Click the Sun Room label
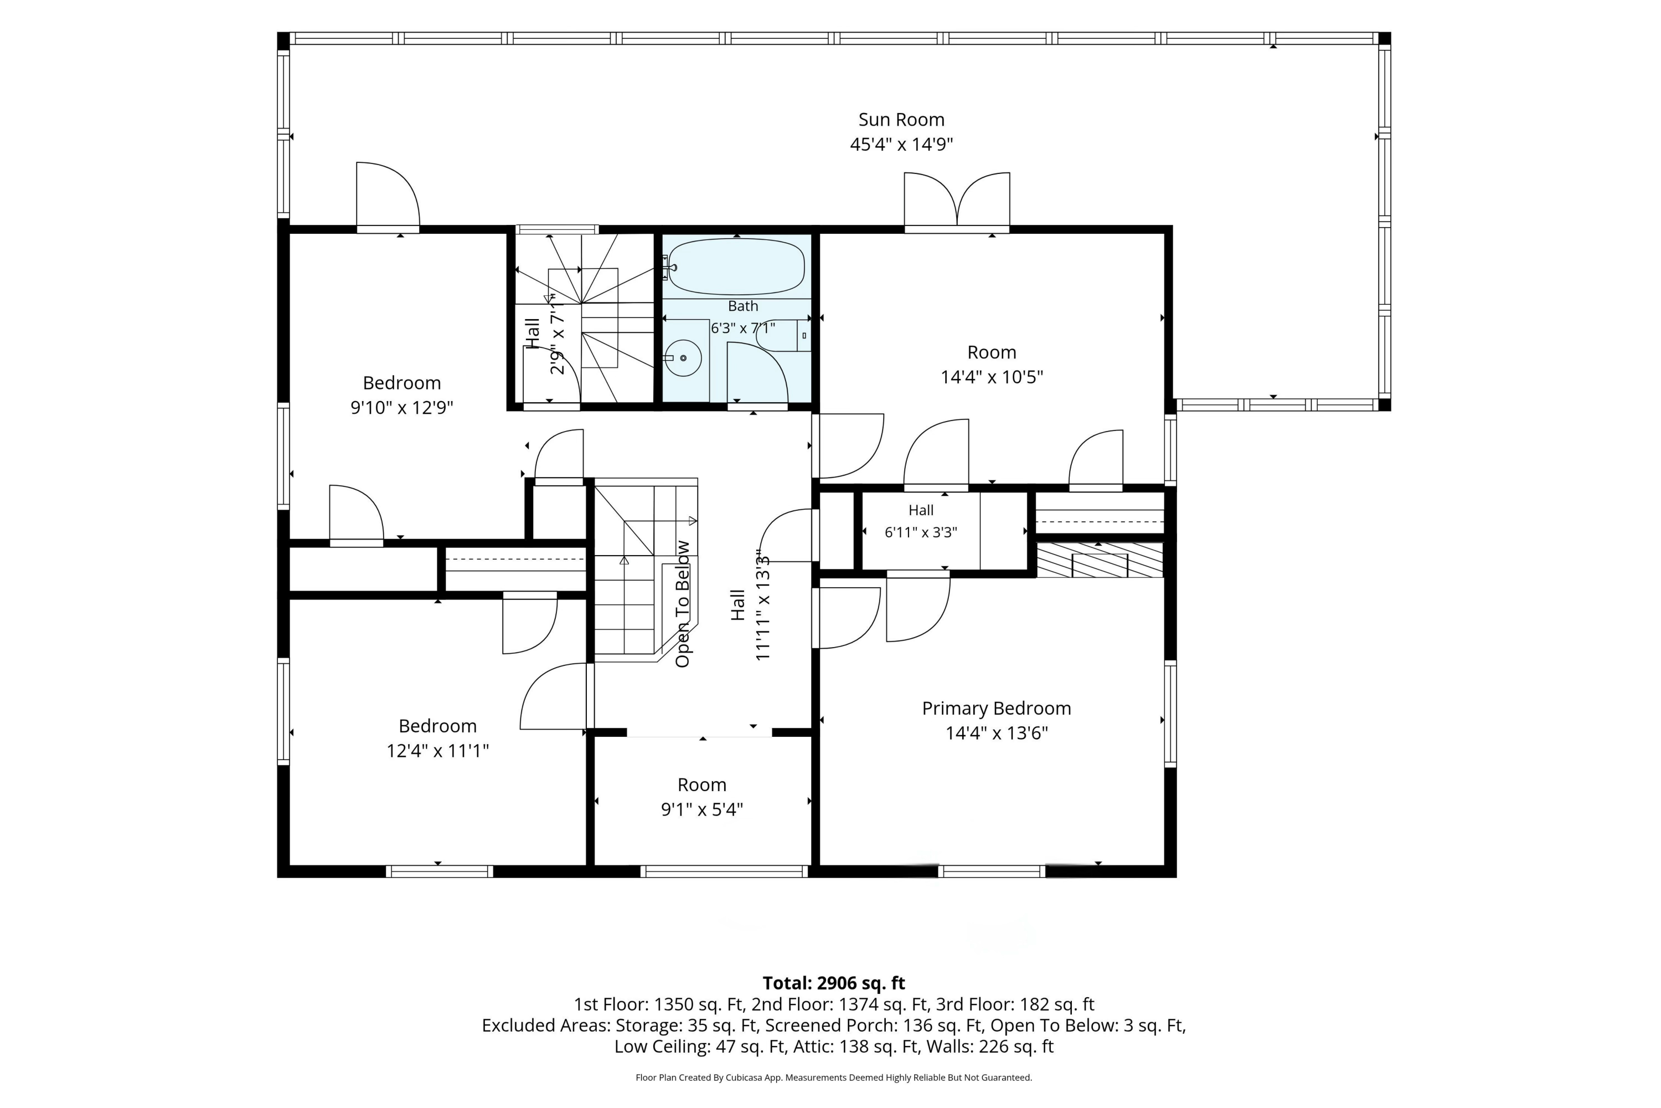point(901,120)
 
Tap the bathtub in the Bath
point(736,267)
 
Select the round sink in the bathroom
point(683,358)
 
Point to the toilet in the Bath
point(783,336)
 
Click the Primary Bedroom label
point(997,709)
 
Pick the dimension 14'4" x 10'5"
point(992,377)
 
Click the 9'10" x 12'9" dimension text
point(402,408)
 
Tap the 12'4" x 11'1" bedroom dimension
point(438,751)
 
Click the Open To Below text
point(682,604)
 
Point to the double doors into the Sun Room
point(957,202)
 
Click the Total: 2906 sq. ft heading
point(833,983)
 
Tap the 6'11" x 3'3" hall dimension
point(921,532)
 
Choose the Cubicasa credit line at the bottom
point(833,1078)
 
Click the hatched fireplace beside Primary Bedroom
point(1100,560)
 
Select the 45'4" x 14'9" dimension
point(901,144)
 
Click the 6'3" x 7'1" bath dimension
point(743,328)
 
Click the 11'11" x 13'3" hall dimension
point(763,606)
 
